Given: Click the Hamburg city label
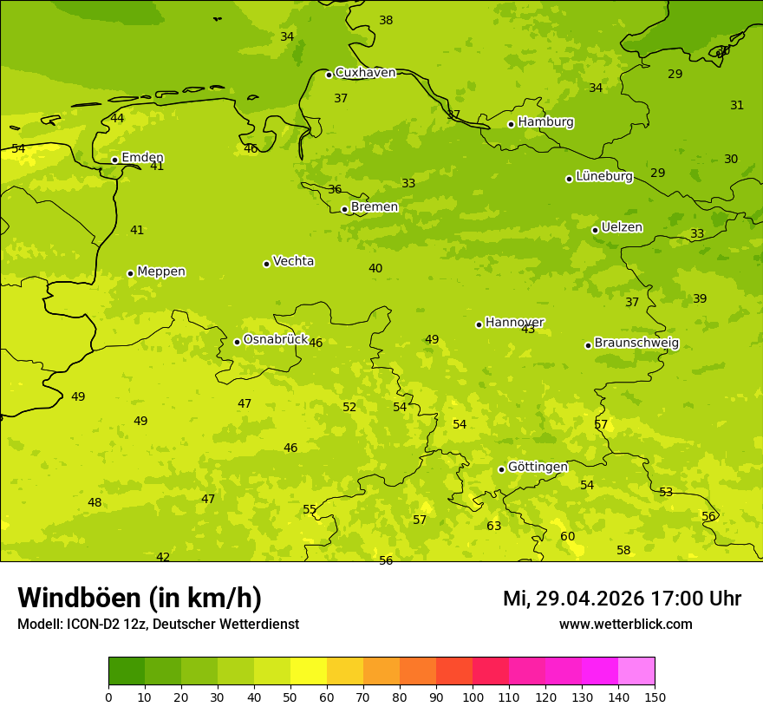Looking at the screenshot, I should [545, 122].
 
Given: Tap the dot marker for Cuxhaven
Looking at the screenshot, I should [329, 75].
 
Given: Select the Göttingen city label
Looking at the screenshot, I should [538, 467].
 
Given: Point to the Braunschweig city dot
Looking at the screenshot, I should [588, 345].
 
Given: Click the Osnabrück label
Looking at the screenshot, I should [275, 339].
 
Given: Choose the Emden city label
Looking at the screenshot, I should [142, 157].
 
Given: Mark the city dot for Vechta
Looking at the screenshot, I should [266, 264].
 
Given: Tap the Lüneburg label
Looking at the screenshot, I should [603, 176].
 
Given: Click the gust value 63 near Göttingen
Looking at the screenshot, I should [493, 527].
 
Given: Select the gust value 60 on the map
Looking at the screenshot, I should [567, 537].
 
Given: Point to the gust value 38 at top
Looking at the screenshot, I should [386, 21].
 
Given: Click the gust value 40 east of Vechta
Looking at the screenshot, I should [375, 269].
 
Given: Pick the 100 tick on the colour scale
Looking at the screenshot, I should [473, 697].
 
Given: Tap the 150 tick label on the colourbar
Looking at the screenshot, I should [655, 697].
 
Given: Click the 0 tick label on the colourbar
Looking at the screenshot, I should [108, 697].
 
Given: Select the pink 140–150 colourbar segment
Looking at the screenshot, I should [636, 671].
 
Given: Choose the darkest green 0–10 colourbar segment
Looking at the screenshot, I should [127, 671].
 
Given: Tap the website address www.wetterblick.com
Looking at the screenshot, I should [625, 625].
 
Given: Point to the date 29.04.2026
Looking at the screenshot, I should [590, 599].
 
